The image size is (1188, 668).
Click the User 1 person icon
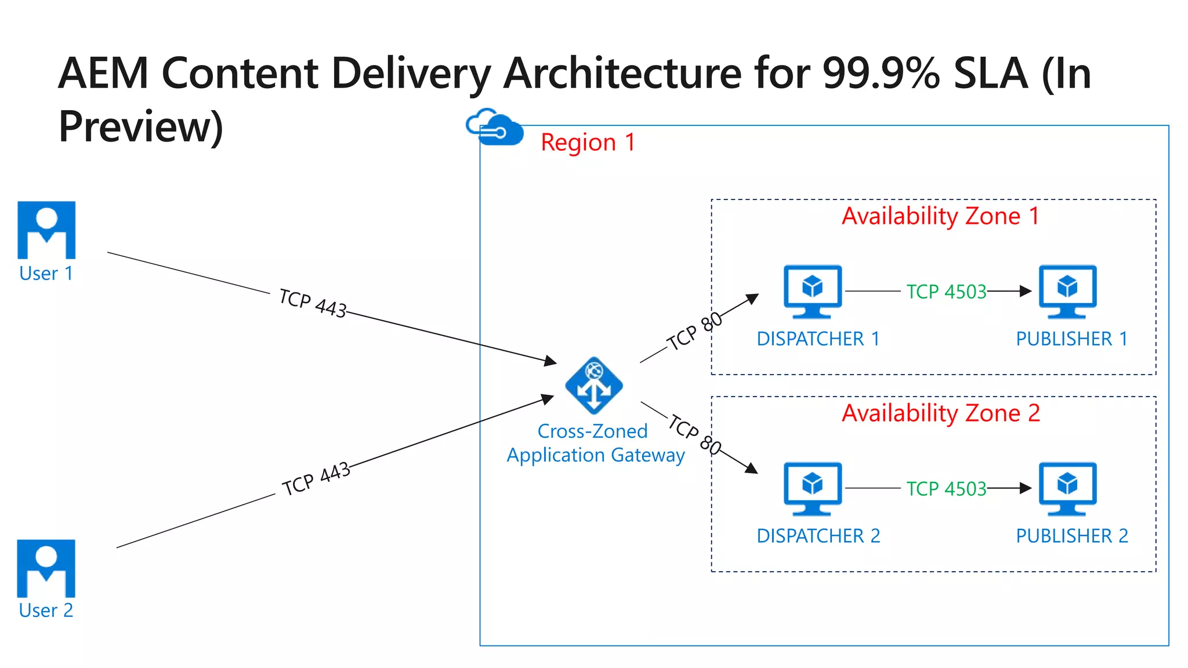(x=46, y=230)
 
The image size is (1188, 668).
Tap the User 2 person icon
(x=46, y=568)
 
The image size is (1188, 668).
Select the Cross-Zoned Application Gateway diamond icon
(x=594, y=386)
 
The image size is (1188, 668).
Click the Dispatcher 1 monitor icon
(x=812, y=291)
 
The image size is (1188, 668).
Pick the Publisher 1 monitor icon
(x=1067, y=291)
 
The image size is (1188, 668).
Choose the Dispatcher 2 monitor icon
(x=812, y=488)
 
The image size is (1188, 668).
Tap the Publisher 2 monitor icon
(x=1067, y=488)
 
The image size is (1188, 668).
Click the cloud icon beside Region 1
(x=494, y=128)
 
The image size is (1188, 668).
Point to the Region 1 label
(x=588, y=143)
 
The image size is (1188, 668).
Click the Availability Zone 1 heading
(x=940, y=216)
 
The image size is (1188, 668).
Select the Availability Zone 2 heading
(x=940, y=413)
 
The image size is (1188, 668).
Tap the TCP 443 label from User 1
(x=313, y=303)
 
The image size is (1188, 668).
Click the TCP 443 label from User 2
(x=316, y=479)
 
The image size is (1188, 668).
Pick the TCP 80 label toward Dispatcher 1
(x=694, y=331)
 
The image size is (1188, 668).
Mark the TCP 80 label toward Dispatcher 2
(x=694, y=434)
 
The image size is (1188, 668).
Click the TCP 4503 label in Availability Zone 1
(x=946, y=292)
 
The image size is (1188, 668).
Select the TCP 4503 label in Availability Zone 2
(x=946, y=489)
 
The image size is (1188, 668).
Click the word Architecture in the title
(x=622, y=74)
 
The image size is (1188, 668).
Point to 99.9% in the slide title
(x=881, y=74)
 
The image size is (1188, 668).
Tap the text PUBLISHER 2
(x=1072, y=536)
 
